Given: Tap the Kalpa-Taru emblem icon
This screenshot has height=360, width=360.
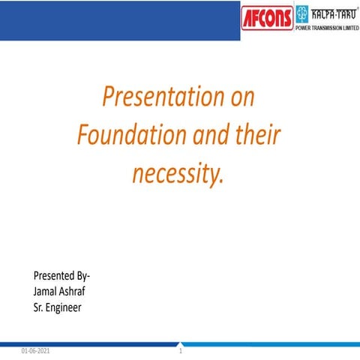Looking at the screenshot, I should pos(302,13).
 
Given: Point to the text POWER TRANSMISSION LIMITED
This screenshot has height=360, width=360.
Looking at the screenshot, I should pos(327,28).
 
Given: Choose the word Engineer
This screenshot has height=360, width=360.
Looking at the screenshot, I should pos(64,307).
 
